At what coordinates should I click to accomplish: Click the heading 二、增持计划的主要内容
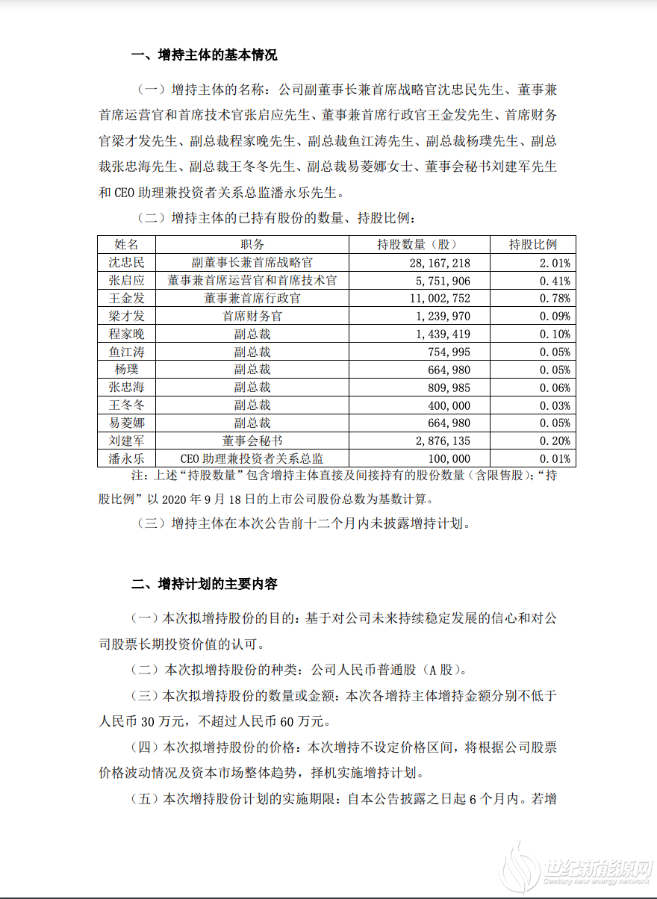click(204, 583)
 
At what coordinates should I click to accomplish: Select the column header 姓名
click(126, 244)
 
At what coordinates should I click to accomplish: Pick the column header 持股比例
click(532, 244)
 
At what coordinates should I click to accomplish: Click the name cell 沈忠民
click(126, 262)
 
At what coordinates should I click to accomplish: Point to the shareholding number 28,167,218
click(439, 262)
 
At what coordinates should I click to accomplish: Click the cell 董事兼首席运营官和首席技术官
click(252, 280)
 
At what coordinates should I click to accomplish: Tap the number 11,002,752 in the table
click(439, 298)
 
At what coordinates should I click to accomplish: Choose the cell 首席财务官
click(252, 316)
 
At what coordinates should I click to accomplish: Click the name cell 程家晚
click(126, 334)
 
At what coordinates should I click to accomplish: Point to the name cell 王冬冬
click(126, 405)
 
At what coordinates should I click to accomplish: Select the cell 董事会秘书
click(252, 441)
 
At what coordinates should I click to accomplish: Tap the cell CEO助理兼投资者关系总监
click(252, 459)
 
